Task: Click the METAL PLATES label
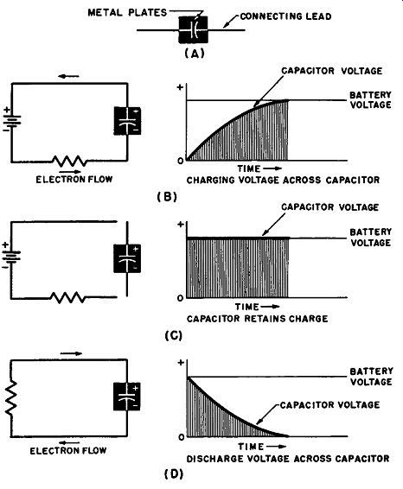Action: pyautogui.click(x=127, y=13)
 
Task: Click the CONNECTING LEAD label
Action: pyautogui.click(x=285, y=16)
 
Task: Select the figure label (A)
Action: pyautogui.click(x=195, y=54)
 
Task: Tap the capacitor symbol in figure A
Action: pyautogui.click(x=193, y=29)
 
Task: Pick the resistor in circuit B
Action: pyautogui.click(x=69, y=161)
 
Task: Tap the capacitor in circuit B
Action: pyautogui.click(x=127, y=121)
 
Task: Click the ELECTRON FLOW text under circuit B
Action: pyautogui.click(x=74, y=180)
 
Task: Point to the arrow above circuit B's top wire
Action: pyautogui.click(x=68, y=76)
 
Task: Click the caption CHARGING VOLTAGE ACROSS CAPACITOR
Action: pyautogui.click(x=283, y=180)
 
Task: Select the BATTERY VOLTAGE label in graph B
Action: pyautogui.click(x=370, y=100)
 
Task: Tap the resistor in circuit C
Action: pyautogui.click(x=67, y=297)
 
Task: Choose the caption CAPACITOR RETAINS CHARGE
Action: pyautogui.click(x=258, y=319)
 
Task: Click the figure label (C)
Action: pyautogui.click(x=173, y=335)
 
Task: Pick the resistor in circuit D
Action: pyautogui.click(x=11, y=397)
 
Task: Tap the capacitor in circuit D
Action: pyautogui.click(x=127, y=397)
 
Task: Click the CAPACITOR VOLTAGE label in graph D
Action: pyautogui.click(x=329, y=405)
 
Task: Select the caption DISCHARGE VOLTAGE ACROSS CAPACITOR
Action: pyautogui.click(x=288, y=459)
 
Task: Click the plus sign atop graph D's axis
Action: pyautogui.click(x=181, y=362)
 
